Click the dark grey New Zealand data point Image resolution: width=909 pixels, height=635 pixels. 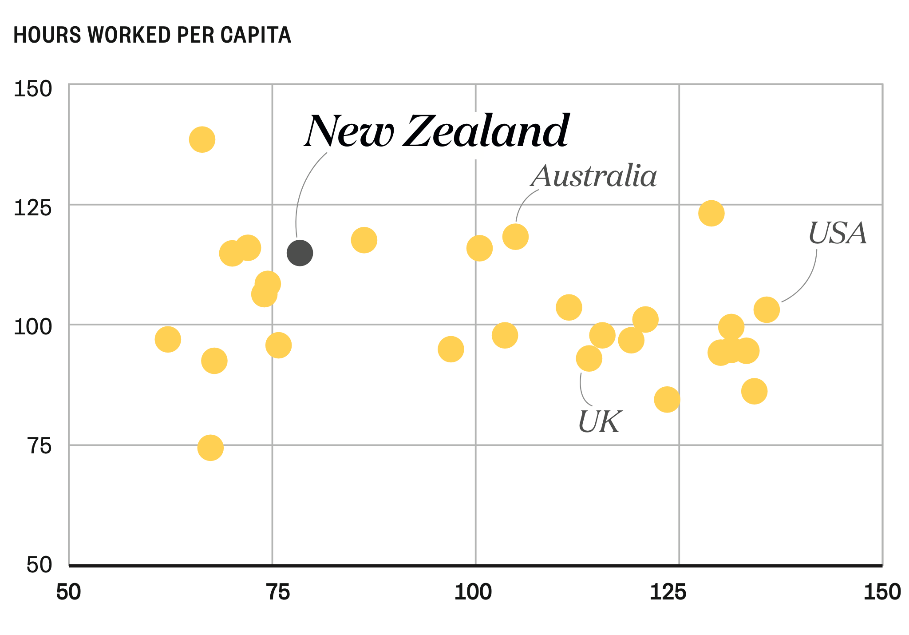[x=300, y=253]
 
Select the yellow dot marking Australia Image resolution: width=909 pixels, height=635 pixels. [x=515, y=236]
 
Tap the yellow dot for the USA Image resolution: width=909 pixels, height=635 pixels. [x=767, y=310]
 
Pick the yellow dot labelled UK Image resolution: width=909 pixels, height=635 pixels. [x=589, y=358]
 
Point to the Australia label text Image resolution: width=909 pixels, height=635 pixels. [x=594, y=176]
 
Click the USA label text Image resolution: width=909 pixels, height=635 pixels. [x=837, y=233]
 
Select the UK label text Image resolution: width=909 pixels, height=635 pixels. [x=600, y=421]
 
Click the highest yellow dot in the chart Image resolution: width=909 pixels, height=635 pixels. [x=202, y=139]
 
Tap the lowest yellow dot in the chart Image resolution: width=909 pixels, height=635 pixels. [x=210, y=448]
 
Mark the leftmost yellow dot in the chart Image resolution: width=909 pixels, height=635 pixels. [x=168, y=339]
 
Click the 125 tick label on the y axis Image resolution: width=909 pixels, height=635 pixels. [x=33, y=208]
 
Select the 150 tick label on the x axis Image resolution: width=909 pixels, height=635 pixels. [x=881, y=592]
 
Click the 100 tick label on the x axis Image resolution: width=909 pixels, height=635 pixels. [x=473, y=592]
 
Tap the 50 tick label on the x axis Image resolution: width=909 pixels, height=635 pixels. [x=69, y=592]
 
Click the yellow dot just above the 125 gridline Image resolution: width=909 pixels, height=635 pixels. [x=711, y=213]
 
